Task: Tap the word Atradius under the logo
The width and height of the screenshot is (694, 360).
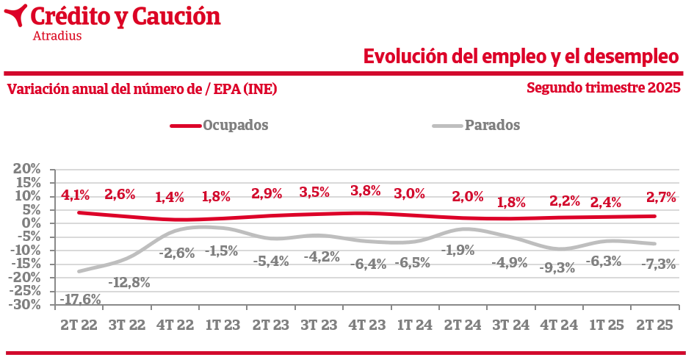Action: point(57,35)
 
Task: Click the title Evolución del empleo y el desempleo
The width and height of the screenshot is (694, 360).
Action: point(521,56)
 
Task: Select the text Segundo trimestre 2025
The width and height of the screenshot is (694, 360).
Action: point(604,87)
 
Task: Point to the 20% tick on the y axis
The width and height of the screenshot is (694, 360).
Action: point(27,169)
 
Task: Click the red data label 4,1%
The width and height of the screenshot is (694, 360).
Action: point(75,195)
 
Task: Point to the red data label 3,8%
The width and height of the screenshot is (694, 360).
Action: point(366,190)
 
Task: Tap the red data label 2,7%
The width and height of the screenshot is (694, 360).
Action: point(660,197)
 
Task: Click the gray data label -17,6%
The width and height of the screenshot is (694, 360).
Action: point(80,299)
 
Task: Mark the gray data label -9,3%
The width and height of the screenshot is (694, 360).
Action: point(556,267)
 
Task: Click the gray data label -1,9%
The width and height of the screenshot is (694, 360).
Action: point(458,250)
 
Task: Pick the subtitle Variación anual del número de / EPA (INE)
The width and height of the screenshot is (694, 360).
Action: point(142,89)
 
